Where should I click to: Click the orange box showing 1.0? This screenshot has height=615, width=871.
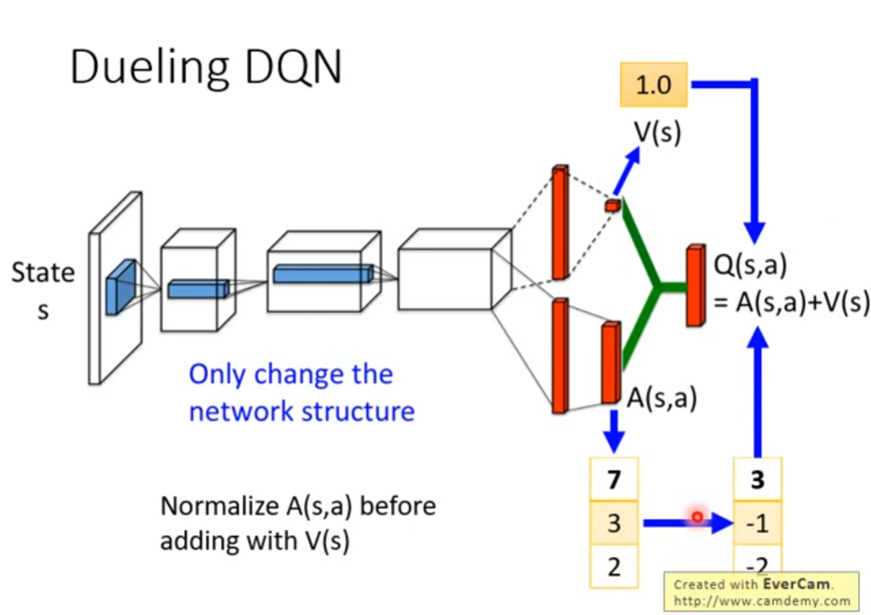coord(653,85)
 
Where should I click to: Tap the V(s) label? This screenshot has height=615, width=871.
coord(657,132)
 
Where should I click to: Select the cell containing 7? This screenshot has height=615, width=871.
coord(614,479)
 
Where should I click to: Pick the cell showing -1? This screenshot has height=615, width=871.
coord(757,523)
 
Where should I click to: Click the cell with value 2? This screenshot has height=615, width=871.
coord(614,567)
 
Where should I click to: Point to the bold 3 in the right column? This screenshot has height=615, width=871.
coord(757,479)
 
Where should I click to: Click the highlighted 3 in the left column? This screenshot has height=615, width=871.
coord(614,523)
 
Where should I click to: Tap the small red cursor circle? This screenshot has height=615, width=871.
coord(697,517)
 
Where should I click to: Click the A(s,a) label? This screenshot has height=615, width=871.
coord(662,398)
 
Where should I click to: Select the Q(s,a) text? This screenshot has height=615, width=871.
coord(750,265)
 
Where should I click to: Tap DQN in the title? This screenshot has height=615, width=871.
coord(293,67)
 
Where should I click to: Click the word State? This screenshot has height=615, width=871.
coord(43,273)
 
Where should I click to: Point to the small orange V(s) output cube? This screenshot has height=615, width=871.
coord(612,206)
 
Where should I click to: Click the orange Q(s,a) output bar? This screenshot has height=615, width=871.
coord(695,286)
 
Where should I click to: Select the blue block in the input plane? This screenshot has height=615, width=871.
coord(120,287)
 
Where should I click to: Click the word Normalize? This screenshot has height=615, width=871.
coord(219,506)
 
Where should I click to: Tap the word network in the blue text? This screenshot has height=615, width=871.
coord(240,412)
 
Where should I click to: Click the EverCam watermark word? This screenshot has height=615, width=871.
coord(796,584)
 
